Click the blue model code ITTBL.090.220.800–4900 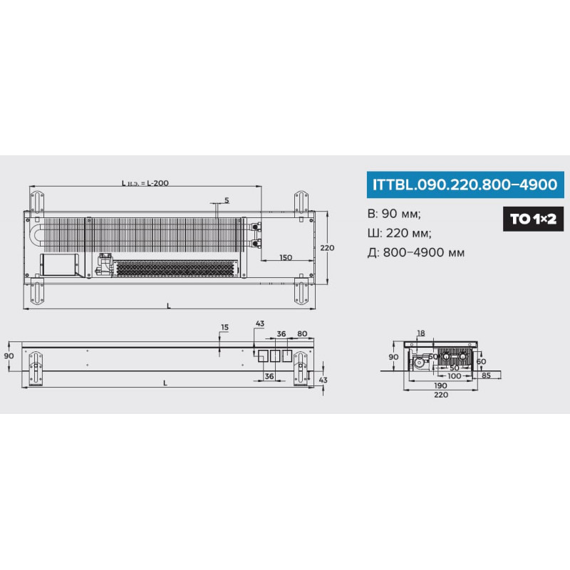(465, 185)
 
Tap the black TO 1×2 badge (533, 219)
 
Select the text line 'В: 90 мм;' (394, 213)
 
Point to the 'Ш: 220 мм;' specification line (400, 233)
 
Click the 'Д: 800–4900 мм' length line (416, 252)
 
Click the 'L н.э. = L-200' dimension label (145, 183)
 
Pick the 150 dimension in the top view (286, 257)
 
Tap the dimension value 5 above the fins (227, 200)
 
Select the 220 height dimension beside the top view (327, 247)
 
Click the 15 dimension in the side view (224, 327)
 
